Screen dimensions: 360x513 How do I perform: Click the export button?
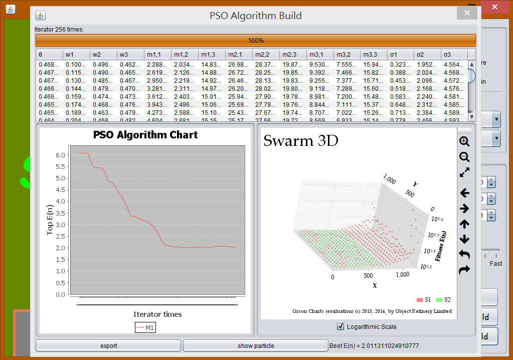tap(108, 345)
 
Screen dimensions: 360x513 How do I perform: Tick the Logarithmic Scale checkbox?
tap(341, 327)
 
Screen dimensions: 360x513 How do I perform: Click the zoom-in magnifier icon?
tap(464, 141)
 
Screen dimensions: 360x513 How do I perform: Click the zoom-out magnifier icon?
tap(464, 157)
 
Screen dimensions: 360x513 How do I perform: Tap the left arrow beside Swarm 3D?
tap(464, 193)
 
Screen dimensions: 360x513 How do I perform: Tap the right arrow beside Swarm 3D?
tap(464, 209)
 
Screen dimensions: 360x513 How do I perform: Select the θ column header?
tap(49, 54)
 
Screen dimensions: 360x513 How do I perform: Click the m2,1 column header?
tap(238, 54)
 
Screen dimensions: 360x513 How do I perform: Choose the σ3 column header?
tap(454, 54)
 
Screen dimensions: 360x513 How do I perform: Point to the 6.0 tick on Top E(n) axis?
tap(61, 155)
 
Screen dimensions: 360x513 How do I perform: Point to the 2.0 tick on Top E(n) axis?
tap(61, 248)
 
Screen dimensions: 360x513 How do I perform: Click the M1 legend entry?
tap(145, 328)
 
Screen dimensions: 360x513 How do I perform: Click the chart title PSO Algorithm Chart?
tap(145, 135)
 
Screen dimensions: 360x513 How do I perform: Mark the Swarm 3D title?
tap(301, 141)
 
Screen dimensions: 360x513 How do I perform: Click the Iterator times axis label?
tap(157, 314)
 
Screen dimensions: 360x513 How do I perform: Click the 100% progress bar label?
tap(256, 41)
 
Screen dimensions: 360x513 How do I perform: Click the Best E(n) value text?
tap(374, 345)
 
